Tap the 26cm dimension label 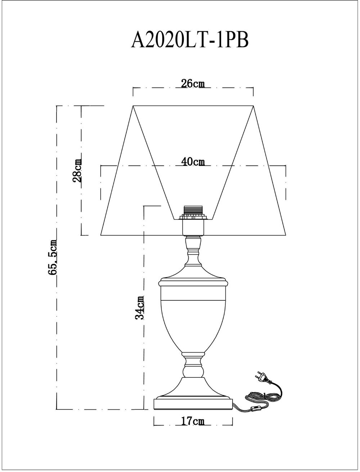pos(193,83)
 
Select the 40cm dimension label pos(193,162)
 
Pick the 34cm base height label pos(140,308)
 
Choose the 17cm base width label pos(193,421)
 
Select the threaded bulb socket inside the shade pos(193,212)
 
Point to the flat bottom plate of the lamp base pos(193,404)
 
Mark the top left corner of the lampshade pos(133,106)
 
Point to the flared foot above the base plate pos(193,387)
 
